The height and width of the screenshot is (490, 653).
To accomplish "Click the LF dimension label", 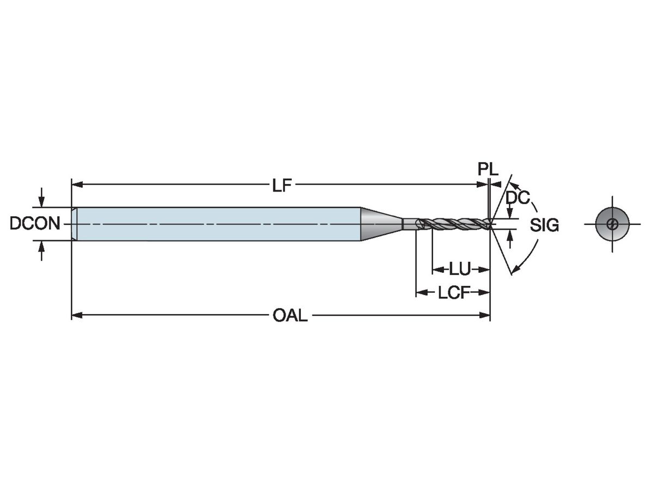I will pos(282,186).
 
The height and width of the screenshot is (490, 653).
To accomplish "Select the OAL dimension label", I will pos(291,315).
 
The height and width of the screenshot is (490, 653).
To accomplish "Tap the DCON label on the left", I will pos(35,224).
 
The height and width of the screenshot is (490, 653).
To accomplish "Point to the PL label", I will pos(488,169).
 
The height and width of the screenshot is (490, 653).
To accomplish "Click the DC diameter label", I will pos(517,198).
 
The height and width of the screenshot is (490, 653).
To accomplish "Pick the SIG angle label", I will pos(545,225).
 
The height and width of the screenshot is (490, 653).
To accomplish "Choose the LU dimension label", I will pos(460,269).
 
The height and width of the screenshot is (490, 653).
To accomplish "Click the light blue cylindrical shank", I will pos(218,224).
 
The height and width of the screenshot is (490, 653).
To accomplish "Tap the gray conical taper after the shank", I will pos(380,224).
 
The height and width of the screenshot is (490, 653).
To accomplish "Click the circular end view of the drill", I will pos(612,224).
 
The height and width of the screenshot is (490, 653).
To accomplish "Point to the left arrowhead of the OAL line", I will pos(76,315).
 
